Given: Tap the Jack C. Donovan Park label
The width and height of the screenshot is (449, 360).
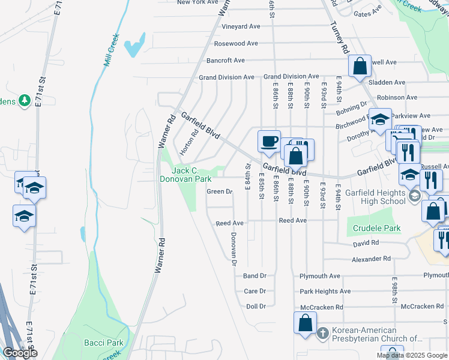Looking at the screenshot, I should coord(185,175).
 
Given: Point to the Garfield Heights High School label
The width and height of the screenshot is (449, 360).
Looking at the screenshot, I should coord(376,197).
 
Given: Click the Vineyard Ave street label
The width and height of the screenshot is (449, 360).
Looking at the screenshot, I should coord(241,26).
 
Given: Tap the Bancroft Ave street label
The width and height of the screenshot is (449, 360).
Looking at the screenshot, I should coord(226,61).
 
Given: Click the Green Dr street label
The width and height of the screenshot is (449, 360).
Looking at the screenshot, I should coord(219,192).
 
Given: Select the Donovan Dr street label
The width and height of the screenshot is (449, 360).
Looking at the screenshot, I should coord(234,247).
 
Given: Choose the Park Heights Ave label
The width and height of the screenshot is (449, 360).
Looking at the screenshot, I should coord(325,292).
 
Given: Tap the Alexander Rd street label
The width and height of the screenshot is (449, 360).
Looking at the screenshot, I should coord(371,259).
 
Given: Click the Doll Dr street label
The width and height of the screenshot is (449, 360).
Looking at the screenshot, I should coord(256,307).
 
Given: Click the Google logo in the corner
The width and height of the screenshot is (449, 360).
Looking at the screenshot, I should coord(20,353).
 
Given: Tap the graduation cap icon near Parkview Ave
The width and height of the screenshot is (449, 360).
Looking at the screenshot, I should coord(379,120).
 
